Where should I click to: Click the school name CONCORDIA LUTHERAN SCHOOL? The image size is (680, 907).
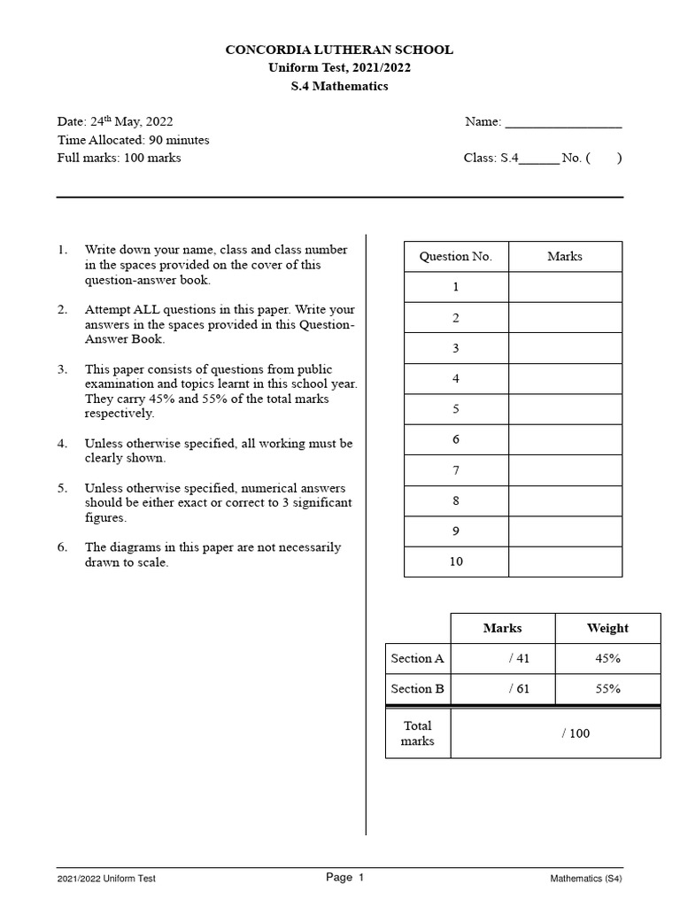click(x=339, y=50)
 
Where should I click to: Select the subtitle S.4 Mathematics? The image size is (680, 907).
click(x=339, y=86)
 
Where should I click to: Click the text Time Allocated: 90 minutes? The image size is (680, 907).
click(x=133, y=140)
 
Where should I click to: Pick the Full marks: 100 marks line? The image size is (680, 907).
click(x=119, y=158)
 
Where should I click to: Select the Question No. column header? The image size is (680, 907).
click(x=455, y=257)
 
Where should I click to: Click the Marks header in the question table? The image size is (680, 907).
click(x=565, y=257)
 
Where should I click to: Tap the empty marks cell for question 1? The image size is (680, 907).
click(x=565, y=287)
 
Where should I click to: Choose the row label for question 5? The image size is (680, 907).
click(x=456, y=409)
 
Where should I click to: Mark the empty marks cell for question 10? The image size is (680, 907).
click(x=565, y=562)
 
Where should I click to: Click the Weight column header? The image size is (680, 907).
click(x=607, y=628)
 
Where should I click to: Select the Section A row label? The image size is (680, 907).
click(x=417, y=659)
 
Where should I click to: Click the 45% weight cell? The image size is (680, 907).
click(x=607, y=659)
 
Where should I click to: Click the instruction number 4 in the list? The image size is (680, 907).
click(x=63, y=443)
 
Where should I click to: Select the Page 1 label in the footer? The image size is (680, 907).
click(x=345, y=878)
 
